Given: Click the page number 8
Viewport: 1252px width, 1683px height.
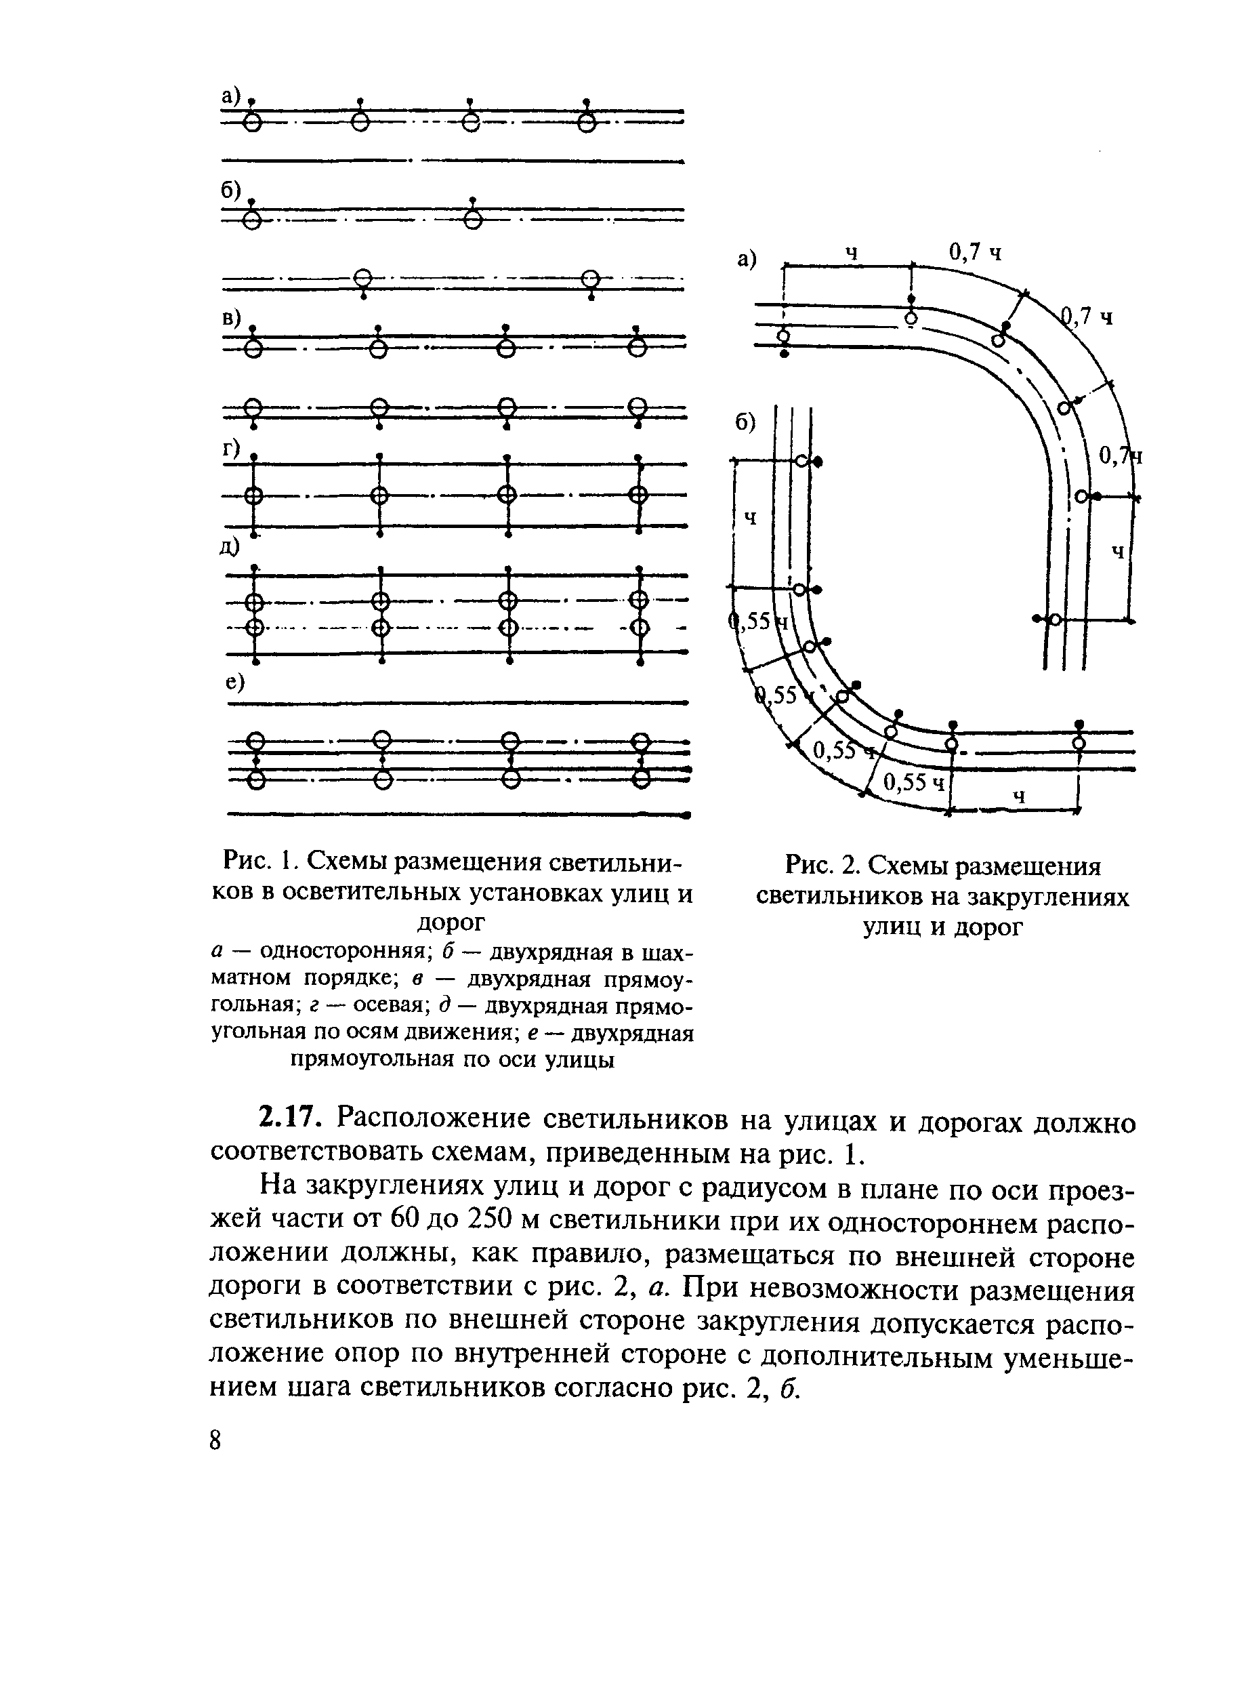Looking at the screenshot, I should click(216, 1440).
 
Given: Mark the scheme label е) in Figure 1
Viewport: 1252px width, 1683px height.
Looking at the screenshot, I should click(236, 683).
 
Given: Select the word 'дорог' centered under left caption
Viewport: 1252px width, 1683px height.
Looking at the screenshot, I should click(452, 922).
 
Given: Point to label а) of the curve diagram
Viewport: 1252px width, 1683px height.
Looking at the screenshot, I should click(747, 260).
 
